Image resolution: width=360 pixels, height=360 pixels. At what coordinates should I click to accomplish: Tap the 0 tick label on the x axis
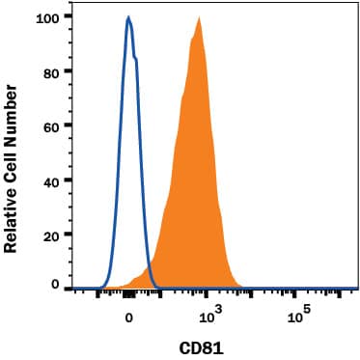[x=128, y=315]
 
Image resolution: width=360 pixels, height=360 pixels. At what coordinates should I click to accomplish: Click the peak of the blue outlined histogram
[x=128, y=17]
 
